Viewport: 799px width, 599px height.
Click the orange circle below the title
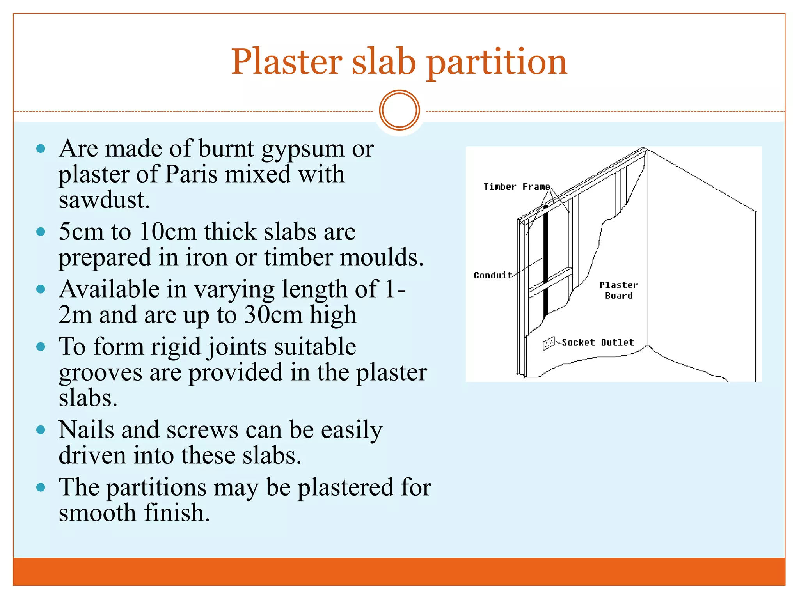[x=399, y=110]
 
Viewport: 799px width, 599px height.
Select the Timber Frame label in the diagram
[x=517, y=187]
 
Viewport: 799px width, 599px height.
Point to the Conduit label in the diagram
[x=493, y=275]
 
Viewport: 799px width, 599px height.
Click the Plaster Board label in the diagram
[x=619, y=291]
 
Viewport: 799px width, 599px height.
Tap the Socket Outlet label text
[x=598, y=342]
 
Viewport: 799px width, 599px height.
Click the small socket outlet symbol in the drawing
[x=549, y=343]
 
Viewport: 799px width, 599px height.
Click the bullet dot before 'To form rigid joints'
[x=41, y=347]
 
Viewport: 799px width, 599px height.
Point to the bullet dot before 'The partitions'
[x=41, y=487]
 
